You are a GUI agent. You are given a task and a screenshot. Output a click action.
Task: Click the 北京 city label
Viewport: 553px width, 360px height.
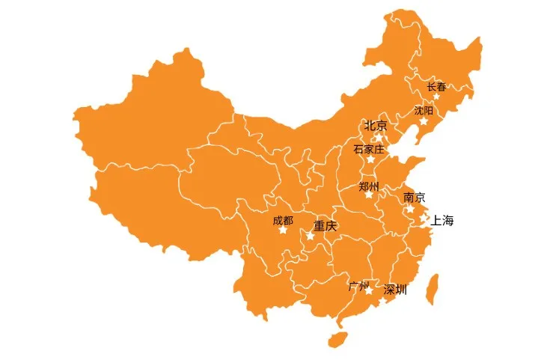point(376,126)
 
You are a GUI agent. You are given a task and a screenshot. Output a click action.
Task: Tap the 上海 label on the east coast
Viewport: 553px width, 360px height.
point(443,220)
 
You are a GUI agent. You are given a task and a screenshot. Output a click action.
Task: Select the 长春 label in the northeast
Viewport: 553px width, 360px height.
point(436,87)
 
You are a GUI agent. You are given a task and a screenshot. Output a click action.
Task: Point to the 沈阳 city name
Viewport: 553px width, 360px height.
point(424,110)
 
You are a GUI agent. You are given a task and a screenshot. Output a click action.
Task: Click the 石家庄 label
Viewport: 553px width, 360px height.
point(368,149)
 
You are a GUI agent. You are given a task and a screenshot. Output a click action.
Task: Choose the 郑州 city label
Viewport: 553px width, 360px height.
point(369,186)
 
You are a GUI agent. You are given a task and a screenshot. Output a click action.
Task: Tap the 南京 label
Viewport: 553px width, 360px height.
point(414,198)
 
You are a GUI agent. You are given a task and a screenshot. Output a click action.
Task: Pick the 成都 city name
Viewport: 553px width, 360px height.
point(283,220)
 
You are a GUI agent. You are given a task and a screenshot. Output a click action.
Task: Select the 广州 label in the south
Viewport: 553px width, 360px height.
point(359,286)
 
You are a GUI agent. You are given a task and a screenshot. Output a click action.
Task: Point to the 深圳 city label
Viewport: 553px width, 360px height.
point(395,290)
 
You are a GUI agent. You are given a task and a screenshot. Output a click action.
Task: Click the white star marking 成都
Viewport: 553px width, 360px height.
point(283,230)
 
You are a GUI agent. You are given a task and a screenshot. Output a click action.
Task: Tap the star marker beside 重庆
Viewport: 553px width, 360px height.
point(310,236)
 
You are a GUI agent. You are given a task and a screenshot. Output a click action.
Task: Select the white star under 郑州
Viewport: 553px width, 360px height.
point(368,195)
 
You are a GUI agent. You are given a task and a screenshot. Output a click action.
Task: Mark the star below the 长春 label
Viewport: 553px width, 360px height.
point(436,96)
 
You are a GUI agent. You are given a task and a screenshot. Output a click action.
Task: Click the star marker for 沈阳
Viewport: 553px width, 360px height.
point(424,120)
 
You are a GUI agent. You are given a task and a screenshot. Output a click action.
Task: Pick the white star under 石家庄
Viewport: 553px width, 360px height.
point(370,159)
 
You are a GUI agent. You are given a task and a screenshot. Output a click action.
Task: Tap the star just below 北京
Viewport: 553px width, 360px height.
point(379,136)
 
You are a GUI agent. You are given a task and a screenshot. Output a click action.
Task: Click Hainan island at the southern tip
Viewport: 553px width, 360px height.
point(337,338)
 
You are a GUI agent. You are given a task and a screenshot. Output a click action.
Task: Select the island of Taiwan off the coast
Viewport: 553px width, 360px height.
point(432,289)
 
